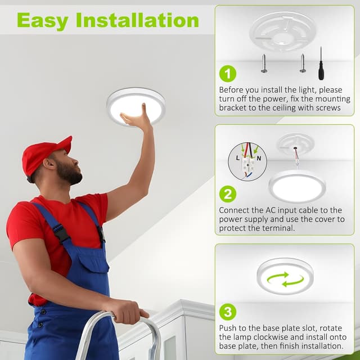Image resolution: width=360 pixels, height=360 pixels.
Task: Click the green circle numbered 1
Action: click(x=227, y=73)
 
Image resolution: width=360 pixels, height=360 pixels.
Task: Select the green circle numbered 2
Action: click(x=227, y=195)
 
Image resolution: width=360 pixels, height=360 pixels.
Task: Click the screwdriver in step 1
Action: click(x=321, y=64)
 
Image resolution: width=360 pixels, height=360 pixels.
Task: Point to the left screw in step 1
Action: click(x=264, y=63)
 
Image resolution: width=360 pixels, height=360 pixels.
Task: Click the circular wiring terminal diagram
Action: click(x=247, y=161)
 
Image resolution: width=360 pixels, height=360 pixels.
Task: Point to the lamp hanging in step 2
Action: click(x=297, y=186)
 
